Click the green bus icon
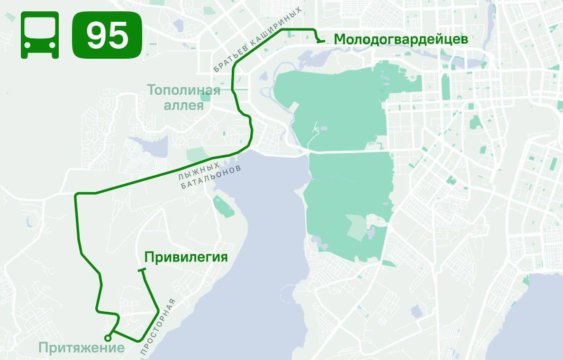(x=40, y=35)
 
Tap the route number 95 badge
(x=107, y=35)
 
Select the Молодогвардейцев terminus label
(x=401, y=39)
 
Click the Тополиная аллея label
(x=184, y=97)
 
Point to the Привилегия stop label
(x=186, y=257)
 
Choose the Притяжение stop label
(x=82, y=348)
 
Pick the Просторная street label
(x=158, y=327)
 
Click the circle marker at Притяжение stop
(x=108, y=338)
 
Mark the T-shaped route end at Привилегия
(x=142, y=270)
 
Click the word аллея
(x=184, y=105)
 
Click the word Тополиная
(x=184, y=90)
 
